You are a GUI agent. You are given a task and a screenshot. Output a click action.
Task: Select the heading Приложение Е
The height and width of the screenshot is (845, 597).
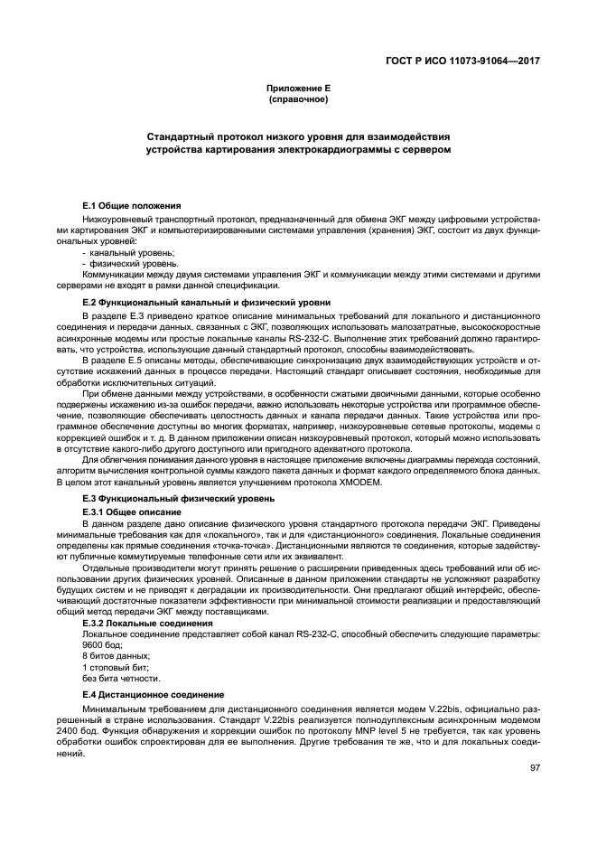298,88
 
